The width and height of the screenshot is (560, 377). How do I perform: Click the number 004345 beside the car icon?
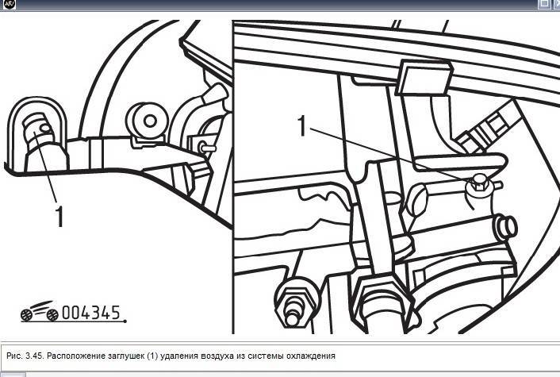coord(91,313)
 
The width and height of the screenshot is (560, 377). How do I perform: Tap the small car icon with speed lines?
coord(40,310)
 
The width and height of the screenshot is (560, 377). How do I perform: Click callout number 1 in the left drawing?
coord(59,216)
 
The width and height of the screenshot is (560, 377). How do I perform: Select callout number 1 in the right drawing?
coord(302,125)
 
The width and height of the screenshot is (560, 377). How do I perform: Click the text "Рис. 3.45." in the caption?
coord(25,356)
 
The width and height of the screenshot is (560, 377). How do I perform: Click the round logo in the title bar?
coord(9,5)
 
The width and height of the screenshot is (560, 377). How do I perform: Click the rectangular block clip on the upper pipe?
coord(424,78)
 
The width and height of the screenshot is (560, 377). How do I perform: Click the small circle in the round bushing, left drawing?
coord(151,121)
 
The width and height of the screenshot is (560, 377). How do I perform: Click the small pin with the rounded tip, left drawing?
coord(207,147)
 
